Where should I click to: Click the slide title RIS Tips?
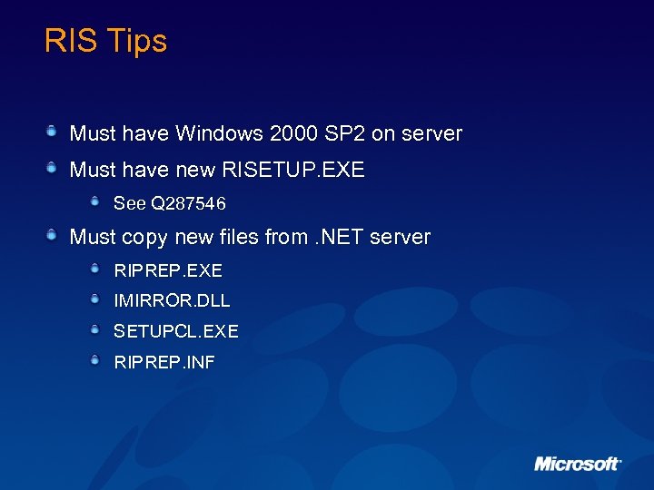[105, 41]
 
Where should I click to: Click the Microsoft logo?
[577, 464]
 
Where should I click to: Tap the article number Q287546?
[188, 203]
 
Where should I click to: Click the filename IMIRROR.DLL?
[172, 300]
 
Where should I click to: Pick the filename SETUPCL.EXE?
[175, 331]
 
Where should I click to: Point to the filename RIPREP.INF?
[164, 362]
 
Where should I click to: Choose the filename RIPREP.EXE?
[168, 270]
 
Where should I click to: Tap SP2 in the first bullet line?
[344, 134]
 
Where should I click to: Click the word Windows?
[219, 134]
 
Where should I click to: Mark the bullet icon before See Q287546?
[95, 201]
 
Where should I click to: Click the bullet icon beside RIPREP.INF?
[95, 360]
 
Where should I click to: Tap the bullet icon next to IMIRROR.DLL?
[95, 299]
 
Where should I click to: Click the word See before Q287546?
[130, 203]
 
